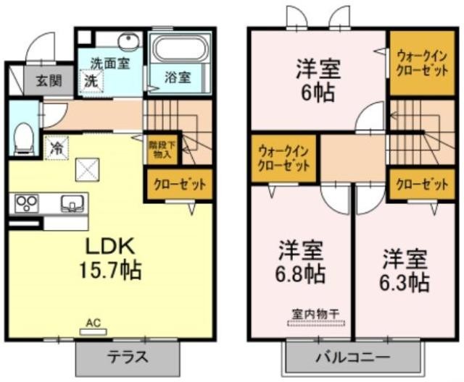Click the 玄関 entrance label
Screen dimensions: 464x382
(x=49, y=80)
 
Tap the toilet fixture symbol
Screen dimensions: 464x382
(x=24, y=139)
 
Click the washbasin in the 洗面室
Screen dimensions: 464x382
(x=128, y=41)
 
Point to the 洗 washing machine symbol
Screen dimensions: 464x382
(x=91, y=80)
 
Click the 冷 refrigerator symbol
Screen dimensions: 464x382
(x=57, y=148)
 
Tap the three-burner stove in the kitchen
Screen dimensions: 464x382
(x=28, y=203)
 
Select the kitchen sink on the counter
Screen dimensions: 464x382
(x=72, y=204)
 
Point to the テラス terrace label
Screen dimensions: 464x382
(x=128, y=357)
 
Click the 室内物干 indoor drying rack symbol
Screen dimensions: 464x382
(x=316, y=318)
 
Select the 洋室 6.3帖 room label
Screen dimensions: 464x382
(x=405, y=271)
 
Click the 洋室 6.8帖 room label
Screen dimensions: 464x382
(x=300, y=263)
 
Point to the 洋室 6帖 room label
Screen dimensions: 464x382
(x=318, y=80)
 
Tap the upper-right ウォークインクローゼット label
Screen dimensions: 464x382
(x=422, y=63)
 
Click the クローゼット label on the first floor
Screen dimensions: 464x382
(x=180, y=184)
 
